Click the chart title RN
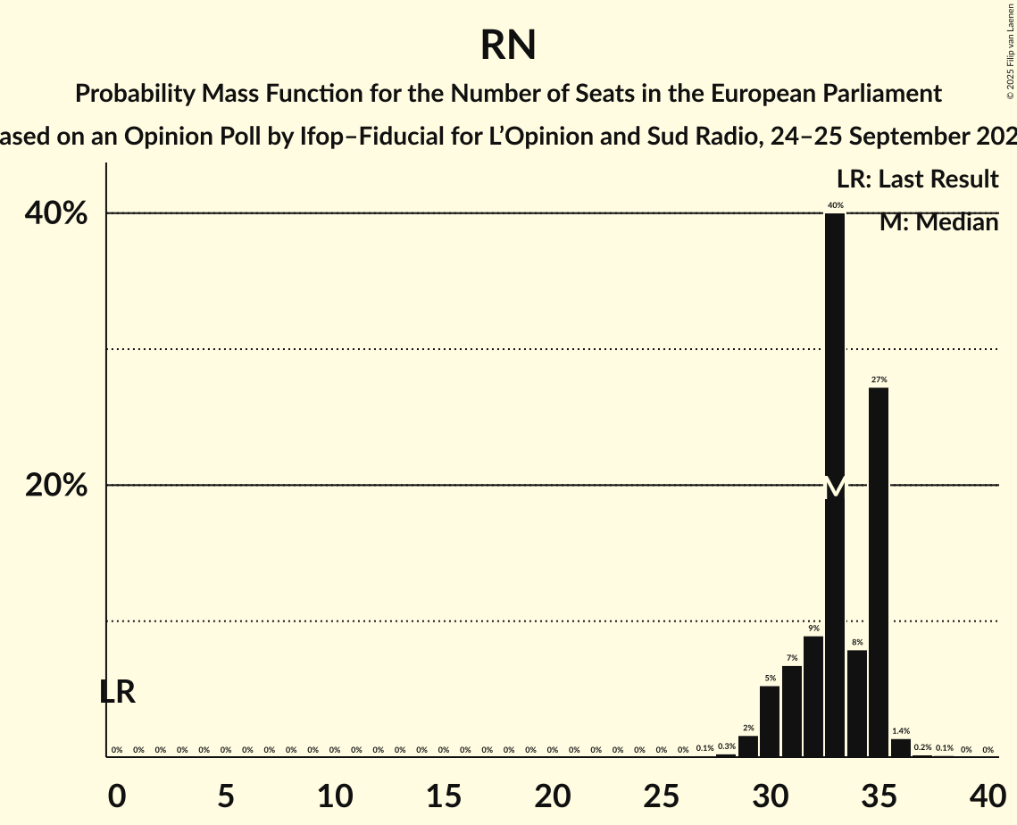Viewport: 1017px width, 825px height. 508,45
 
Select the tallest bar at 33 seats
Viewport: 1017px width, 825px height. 835,357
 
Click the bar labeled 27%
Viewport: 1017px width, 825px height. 879,571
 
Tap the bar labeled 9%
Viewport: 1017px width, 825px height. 813,696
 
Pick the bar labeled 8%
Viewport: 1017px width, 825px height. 857,704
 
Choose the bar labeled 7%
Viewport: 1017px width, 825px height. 792,712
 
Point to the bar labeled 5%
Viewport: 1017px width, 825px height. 770,721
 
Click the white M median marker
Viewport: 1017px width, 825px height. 835,487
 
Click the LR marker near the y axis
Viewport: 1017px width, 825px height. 117,692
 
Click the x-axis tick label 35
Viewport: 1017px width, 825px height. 879,795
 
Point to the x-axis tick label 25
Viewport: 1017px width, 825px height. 661,795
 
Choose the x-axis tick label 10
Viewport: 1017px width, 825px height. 334,795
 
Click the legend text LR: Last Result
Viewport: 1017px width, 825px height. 917,179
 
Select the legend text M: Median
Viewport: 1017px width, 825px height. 938,222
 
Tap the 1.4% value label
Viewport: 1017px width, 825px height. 901,731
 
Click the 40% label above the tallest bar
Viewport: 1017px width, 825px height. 835,205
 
